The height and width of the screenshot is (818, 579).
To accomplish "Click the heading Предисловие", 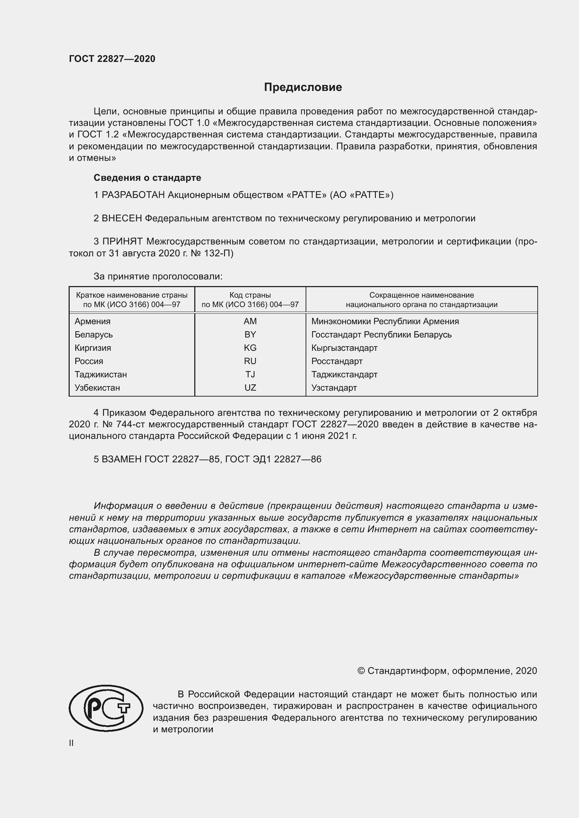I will [303, 87].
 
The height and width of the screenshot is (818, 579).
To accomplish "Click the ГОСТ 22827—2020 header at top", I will [112, 59].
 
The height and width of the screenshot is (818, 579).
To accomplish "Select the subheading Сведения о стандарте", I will [147, 177].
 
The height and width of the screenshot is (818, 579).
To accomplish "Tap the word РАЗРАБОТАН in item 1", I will [133, 195].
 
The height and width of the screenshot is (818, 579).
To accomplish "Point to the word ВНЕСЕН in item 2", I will [122, 218].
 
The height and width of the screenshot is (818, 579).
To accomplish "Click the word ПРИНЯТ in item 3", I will [122, 242].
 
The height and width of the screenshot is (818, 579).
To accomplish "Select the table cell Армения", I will [93, 321].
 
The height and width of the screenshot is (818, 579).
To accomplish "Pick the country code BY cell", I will [250, 335].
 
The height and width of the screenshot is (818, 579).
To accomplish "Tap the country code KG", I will [250, 348].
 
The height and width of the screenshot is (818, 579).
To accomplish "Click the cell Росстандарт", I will [336, 361].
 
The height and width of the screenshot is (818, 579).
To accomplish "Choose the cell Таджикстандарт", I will [344, 375].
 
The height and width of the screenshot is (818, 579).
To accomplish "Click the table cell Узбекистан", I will [97, 387].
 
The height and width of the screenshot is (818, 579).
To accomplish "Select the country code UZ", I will [250, 387].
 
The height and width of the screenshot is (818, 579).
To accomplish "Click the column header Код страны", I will [250, 295].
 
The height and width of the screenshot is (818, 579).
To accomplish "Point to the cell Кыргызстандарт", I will [344, 348].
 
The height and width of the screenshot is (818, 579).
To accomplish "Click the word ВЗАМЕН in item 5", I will [121, 459].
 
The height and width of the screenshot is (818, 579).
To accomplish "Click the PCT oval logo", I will [106, 708].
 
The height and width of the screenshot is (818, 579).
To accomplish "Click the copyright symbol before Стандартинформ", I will [361, 671].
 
